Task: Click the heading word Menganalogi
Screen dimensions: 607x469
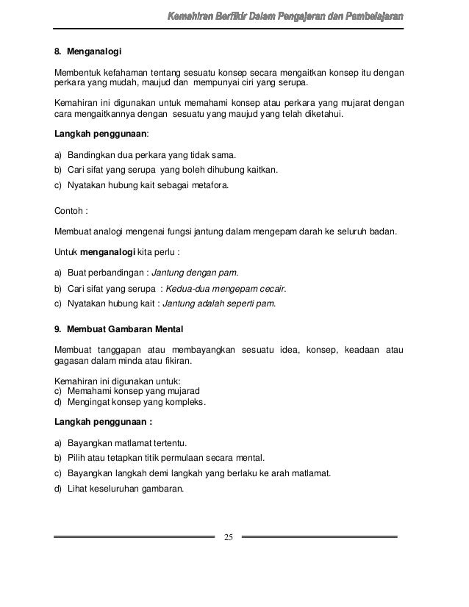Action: [x=94, y=52]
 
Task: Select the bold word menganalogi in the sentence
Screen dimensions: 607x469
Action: [x=112, y=252]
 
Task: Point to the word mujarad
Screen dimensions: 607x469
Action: [x=183, y=392]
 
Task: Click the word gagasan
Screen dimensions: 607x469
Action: [x=74, y=362]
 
